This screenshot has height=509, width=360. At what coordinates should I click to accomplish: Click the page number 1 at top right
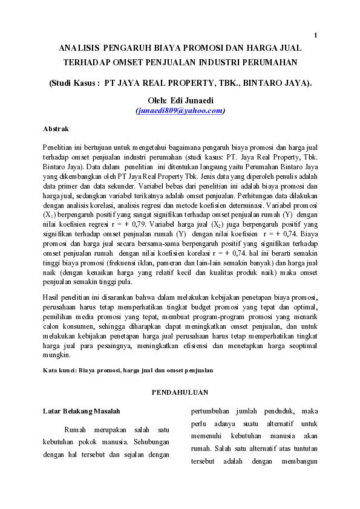point(315,34)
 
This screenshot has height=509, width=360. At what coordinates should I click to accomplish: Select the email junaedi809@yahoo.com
point(180,111)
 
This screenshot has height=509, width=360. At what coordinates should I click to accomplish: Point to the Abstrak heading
point(56,129)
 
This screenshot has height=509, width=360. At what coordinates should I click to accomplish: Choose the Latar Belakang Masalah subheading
point(77,412)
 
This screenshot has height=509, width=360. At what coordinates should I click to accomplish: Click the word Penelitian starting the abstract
point(60,147)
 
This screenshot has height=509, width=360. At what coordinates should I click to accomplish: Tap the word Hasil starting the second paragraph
point(51,297)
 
